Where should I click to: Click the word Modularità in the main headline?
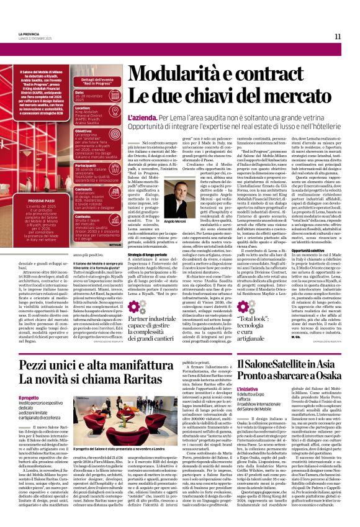pos(179,74)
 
